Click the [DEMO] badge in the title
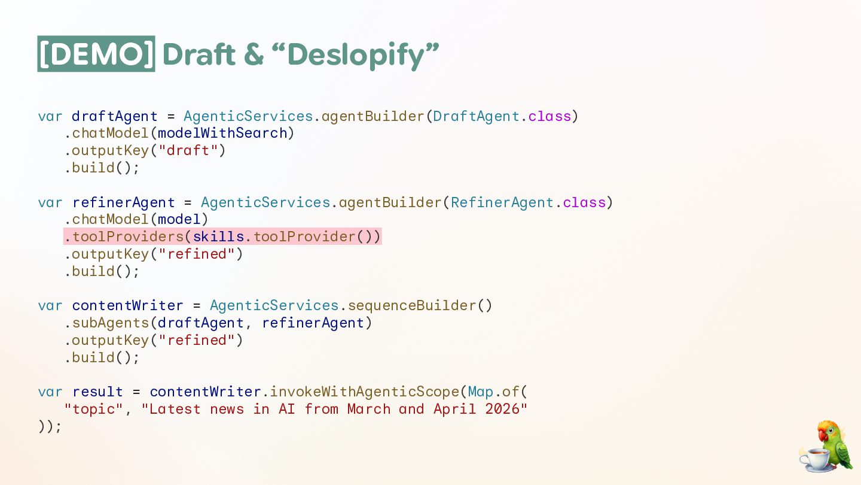pyautogui.click(x=96, y=54)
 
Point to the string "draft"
pyautogui.click(x=188, y=150)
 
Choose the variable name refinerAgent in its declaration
pyautogui.click(x=124, y=202)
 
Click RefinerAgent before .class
pyautogui.click(x=502, y=202)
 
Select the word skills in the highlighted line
pyautogui.click(x=218, y=237)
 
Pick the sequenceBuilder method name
pyautogui.click(x=412, y=305)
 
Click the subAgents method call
pyautogui.click(x=111, y=323)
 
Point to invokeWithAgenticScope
pyautogui.click(x=364, y=392)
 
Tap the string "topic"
pyautogui.click(x=93, y=410)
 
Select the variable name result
pyautogui.click(x=97, y=392)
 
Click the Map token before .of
pyautogui.click(x=481, y=392)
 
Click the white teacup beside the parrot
pyautogui.click(x=815, y=459)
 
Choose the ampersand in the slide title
pyautogui.click(x=254, y=55)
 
